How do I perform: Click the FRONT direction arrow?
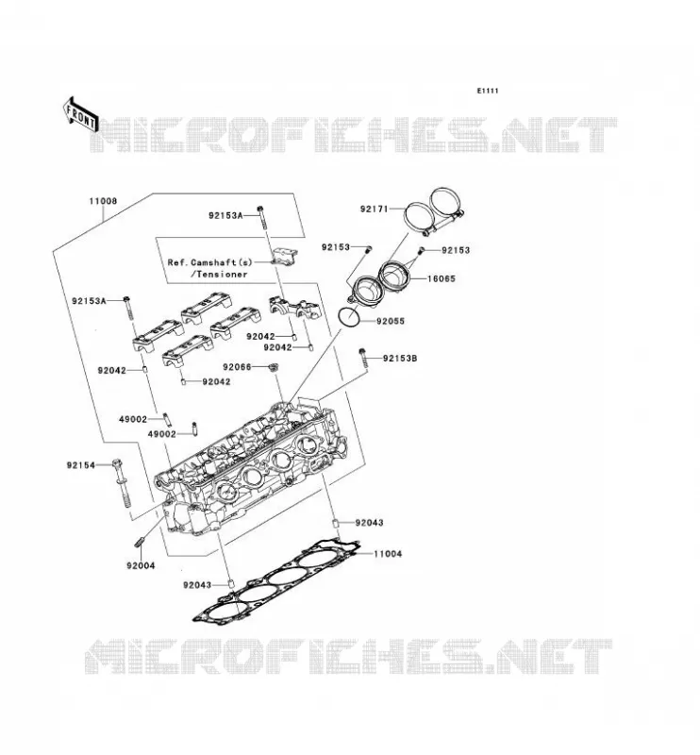point(80,115)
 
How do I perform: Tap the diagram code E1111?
point(488,91)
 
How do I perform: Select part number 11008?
point(103,201)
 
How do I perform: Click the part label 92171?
point(375,209)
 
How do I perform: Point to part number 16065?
point(441,278)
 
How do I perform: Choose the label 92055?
point(391,321)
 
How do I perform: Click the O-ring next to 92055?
point(348,317)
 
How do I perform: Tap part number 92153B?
point(400,359)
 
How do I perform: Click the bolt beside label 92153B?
point(363,359)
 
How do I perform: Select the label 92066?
point(237,367)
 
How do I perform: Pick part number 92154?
point(81,465)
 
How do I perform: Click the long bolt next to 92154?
point(121,482)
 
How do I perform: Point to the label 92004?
point(141,565)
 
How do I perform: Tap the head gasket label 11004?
point(388,554)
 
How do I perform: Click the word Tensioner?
point(222,274)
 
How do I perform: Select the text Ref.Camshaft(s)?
point(209,262)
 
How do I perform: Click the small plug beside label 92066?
point(274,368)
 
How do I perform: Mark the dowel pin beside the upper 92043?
point(336,524)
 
